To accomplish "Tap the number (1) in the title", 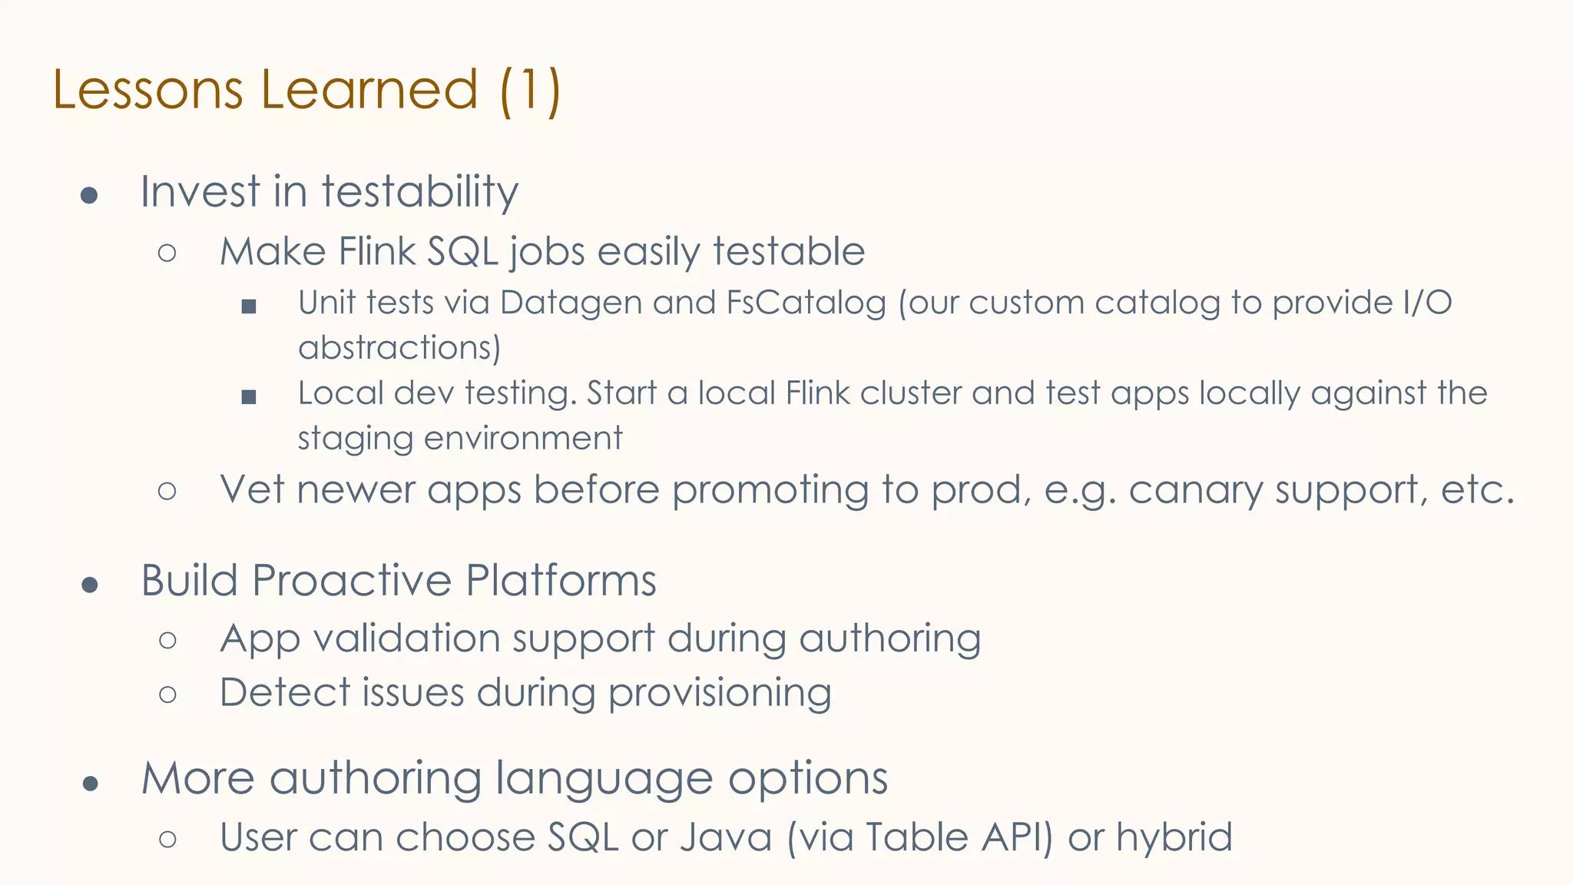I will pos(530,90).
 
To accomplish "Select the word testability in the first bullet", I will pos(420,191).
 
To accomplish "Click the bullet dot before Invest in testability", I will pos(89,195).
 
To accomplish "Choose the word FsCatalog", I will pos(806,303).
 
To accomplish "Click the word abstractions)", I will pos(399,348).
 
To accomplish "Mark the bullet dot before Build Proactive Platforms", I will pos(90,585).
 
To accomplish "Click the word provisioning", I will pos(720,693).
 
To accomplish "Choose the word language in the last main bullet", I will pos(604,778).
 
